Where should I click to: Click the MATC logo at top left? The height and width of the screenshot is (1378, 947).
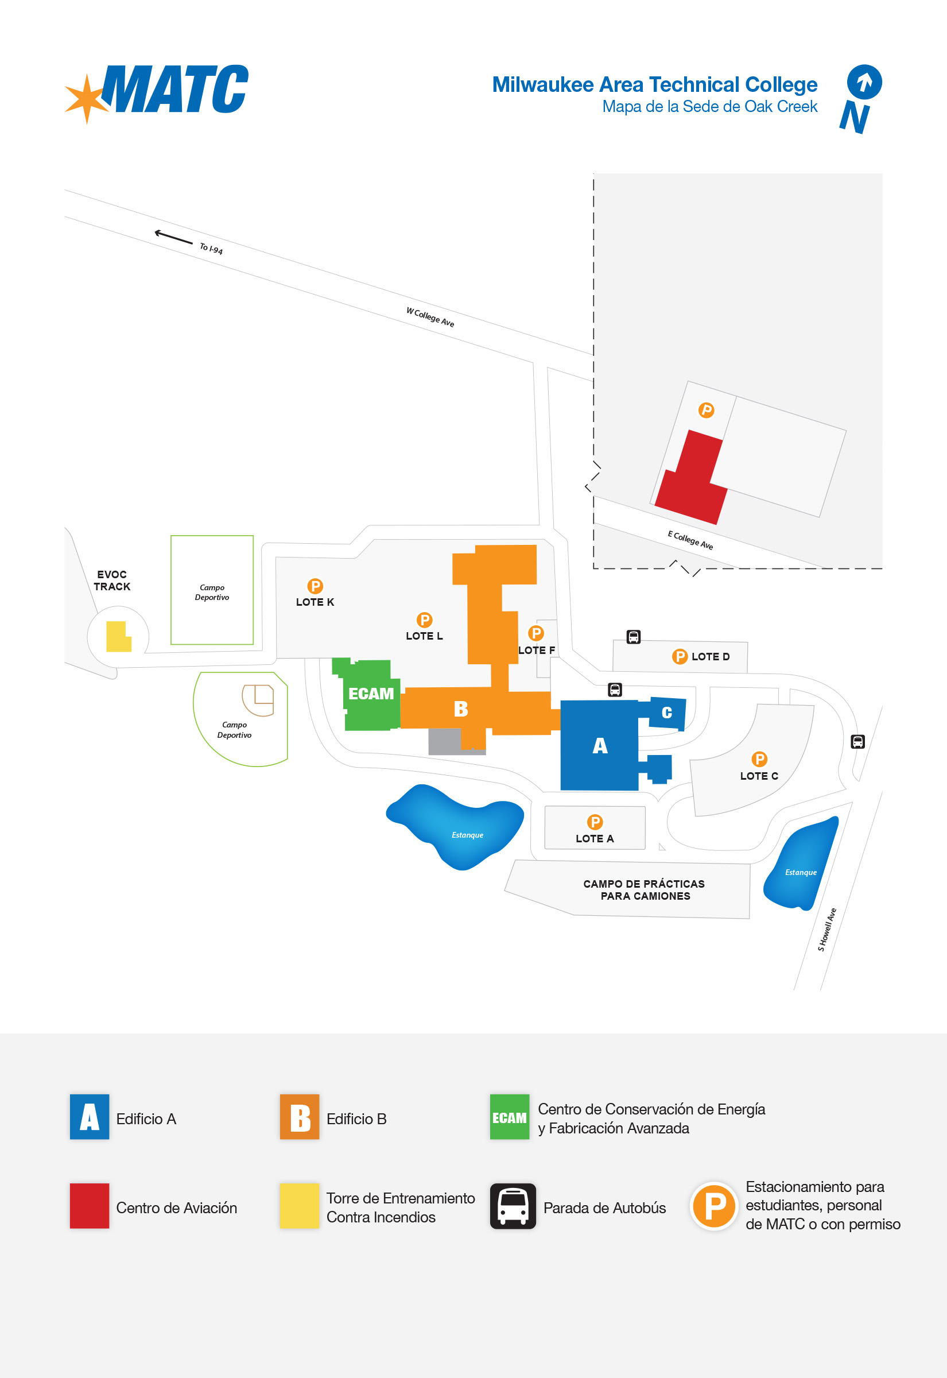[x=157, y=91]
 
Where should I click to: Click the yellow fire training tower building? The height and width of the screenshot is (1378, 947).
[x=118, y=636]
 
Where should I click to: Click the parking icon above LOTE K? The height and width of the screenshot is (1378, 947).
[x=315, y=586]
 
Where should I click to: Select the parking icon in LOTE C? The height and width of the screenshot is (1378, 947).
[x=759, y=759]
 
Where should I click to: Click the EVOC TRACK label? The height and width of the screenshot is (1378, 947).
[x=111, y=580]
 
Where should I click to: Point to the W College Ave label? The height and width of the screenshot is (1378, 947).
[x=430, y=317]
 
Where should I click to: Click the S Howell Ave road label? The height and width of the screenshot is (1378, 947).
[x=826, y=930]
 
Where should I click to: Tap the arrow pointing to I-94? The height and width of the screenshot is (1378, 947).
[x=173, y=237]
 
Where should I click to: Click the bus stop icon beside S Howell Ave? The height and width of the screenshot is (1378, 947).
[x=857, y=741]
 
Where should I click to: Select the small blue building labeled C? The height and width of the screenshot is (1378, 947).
[x=667, y=713]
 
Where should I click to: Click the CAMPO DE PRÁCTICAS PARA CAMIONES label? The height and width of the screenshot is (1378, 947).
[x=645, y=889]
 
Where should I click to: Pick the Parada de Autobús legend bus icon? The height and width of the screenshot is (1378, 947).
[x=513, y=1206]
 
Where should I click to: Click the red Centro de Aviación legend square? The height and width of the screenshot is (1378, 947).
[x=90, y=1206]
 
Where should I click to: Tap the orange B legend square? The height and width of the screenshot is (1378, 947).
[x=300, y=1117]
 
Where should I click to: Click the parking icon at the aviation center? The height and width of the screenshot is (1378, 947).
[x=706, y=410]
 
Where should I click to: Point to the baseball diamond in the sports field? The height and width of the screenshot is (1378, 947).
[x=258, y=700]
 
